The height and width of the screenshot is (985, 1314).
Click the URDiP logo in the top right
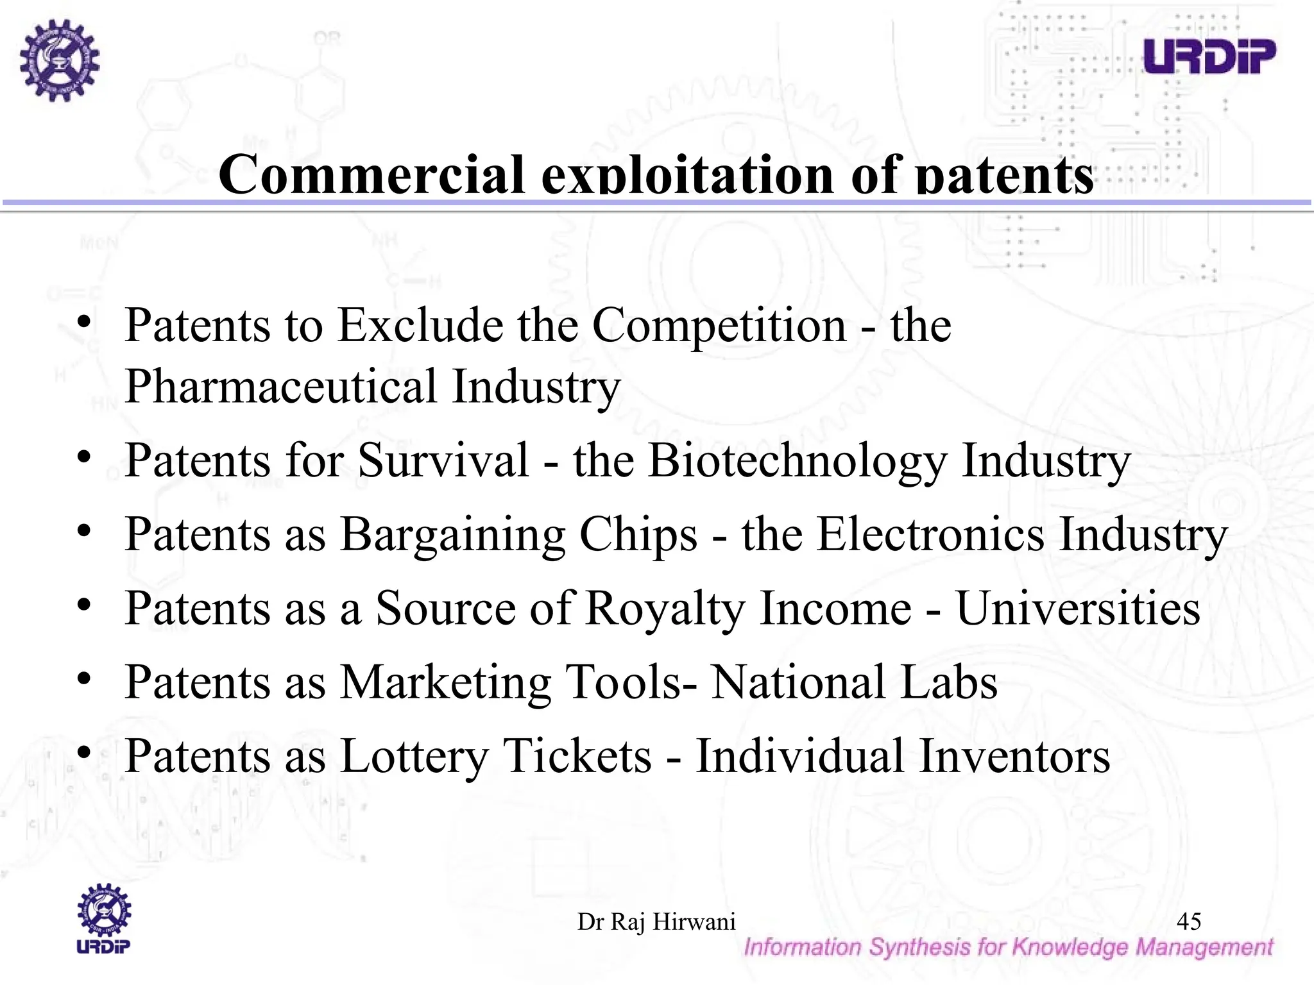pos(1209,56)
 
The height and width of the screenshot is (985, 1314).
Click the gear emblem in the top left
pos(59,60)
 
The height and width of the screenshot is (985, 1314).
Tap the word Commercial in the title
pos(371,174)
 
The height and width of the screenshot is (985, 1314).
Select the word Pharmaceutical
pos(281,387)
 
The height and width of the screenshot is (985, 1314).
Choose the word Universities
pos(1078,608)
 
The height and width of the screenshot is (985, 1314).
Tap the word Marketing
pos(445,682)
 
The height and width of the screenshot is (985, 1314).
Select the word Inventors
pos(1014,756)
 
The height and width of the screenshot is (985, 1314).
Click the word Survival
pos(443,460)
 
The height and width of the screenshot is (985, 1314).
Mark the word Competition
pos(719,326)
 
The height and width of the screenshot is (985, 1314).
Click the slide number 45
pos(1189,922)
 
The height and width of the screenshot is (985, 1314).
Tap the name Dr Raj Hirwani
pos(656,922)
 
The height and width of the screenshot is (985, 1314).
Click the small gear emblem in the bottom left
pos(104,911)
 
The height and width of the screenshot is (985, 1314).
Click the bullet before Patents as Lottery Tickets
pos(84,751)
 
